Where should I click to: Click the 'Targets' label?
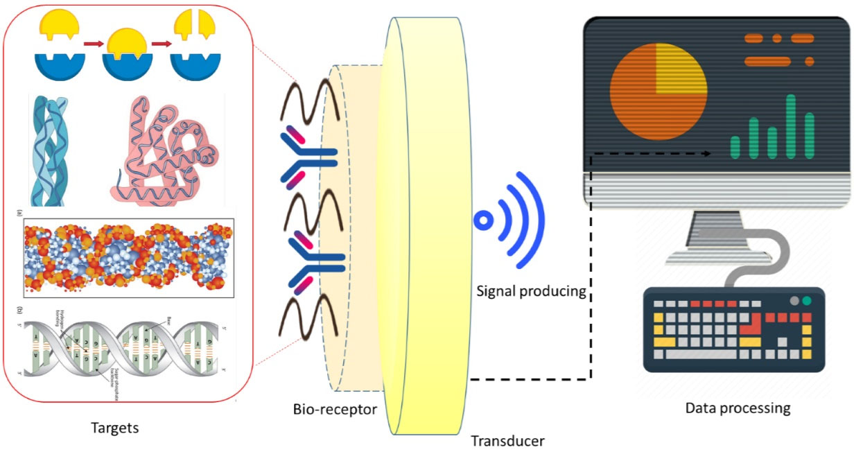pos(115,428)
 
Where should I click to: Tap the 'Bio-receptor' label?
pos(335,409)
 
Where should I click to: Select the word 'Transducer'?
pos(507,440)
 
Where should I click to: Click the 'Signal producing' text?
pos(531,291)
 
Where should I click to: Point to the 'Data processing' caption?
pos(738,408)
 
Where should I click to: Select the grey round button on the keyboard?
pos(794,301)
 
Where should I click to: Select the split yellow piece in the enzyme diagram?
pos(192,25)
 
